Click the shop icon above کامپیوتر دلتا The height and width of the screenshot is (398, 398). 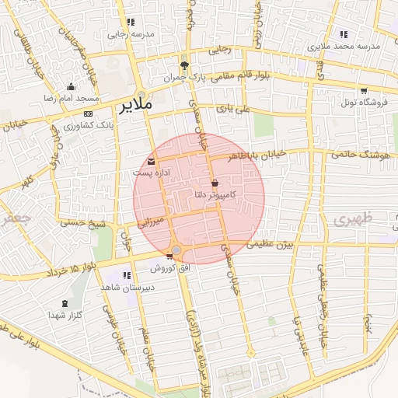215,183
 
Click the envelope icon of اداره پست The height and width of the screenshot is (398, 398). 151,161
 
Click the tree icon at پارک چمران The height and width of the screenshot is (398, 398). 184,65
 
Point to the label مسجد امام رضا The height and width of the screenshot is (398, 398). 72,99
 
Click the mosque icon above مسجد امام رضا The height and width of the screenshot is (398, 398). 72,87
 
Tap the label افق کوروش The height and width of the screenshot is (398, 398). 169,268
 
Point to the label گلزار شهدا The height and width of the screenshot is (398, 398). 65,315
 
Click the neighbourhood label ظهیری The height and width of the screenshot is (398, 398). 354,220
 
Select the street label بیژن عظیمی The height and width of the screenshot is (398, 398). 270,244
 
